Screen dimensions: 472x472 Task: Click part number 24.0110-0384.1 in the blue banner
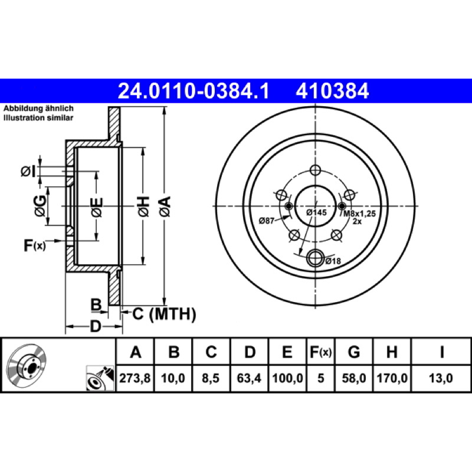click(194, 91)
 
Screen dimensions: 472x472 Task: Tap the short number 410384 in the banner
click(332, 91)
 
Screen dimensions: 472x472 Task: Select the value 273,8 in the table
click(135, 378)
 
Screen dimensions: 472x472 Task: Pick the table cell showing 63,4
click(249, 378)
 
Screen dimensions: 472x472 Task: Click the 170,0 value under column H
click(392, 378)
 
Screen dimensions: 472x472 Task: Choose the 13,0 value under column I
click(441, 378)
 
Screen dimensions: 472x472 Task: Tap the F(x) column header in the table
click(320, 352)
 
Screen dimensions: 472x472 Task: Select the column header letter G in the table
click(353, 352)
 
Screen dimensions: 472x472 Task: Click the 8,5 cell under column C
click(211, 378)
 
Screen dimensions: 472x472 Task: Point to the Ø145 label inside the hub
click(316, 212)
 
